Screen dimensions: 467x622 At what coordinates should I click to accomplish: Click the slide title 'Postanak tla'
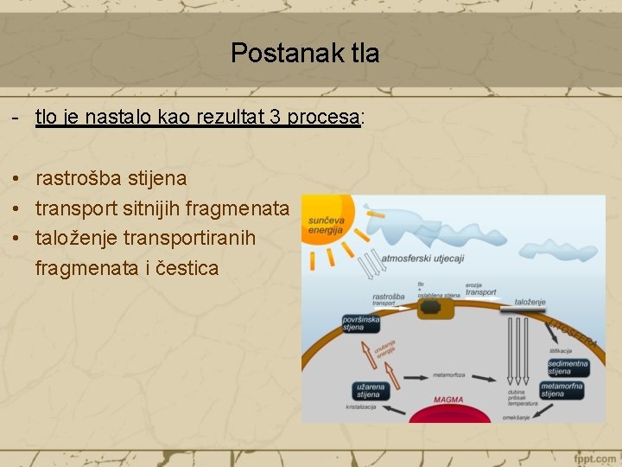(x=305, y=54)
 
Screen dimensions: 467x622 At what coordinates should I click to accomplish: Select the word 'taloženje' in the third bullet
(x=77, y=238)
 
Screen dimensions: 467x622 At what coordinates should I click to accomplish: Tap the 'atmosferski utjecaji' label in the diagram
(x=422, y=257)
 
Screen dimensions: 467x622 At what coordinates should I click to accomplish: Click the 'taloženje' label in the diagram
(x=530, y=302)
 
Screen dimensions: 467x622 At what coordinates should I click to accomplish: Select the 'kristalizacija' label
(x=361, y=406)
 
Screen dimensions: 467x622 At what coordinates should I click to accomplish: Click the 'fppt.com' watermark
(x=593, y=457)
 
